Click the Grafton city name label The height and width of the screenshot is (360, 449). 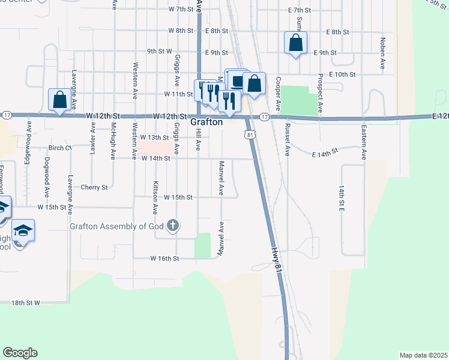[206, 122]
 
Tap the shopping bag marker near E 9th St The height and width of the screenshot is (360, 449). [295, 43]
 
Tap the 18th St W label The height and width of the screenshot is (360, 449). [25, 304]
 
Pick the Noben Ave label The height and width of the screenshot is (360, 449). [382, 53]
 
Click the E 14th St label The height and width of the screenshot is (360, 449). [326, 154]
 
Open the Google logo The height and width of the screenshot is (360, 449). [20, 352]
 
